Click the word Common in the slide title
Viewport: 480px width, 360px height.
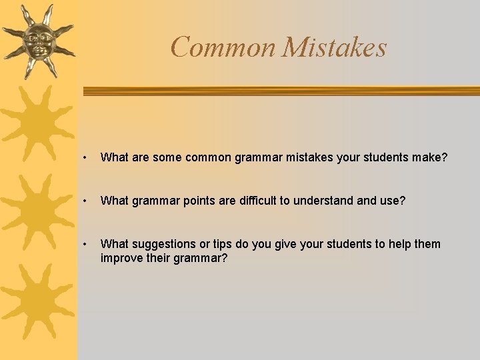(x=223, y=47)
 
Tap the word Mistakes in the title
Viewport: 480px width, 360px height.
(x=334, y=47)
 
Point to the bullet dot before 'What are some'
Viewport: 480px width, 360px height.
(x=86, y=158)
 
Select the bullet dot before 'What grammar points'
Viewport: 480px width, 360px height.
(x=86, y=201)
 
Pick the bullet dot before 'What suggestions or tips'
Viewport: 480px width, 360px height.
(x=86, y=244)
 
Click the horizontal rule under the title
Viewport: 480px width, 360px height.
(x=280, y=91)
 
